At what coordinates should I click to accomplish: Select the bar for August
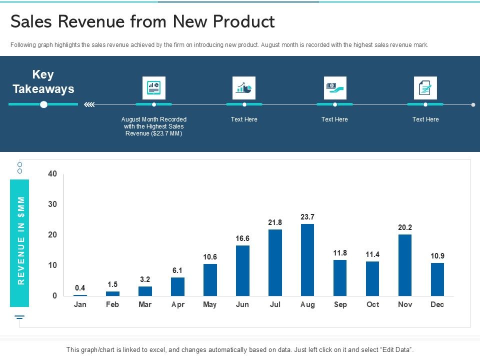(x=307, y=259)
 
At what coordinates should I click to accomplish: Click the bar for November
(x=404, y=265)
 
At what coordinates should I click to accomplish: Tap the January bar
(x=80, y=295)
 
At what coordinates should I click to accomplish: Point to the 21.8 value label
(x=275, y=222)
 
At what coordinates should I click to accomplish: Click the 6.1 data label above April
(x=177, y=270)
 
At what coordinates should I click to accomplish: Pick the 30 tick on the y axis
(x=52, y=204)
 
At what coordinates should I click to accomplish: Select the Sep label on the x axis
(x=340, y=304)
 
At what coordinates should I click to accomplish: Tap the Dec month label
(x=437, y=304)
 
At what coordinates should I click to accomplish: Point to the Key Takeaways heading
(x=43, y=82)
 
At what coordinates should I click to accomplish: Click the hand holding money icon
(x=334, y=88)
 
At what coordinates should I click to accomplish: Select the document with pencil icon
(x=425, y=88)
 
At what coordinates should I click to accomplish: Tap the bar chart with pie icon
(x=244, y=88)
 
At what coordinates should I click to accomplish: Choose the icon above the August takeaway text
(x=153, y=88)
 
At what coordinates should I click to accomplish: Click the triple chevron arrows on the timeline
(x=89, y=104)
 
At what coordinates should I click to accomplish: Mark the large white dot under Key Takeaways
(x=43, y=104)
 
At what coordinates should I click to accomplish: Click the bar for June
(x=242, y=270)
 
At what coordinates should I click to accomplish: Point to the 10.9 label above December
(x=437, y=256)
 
